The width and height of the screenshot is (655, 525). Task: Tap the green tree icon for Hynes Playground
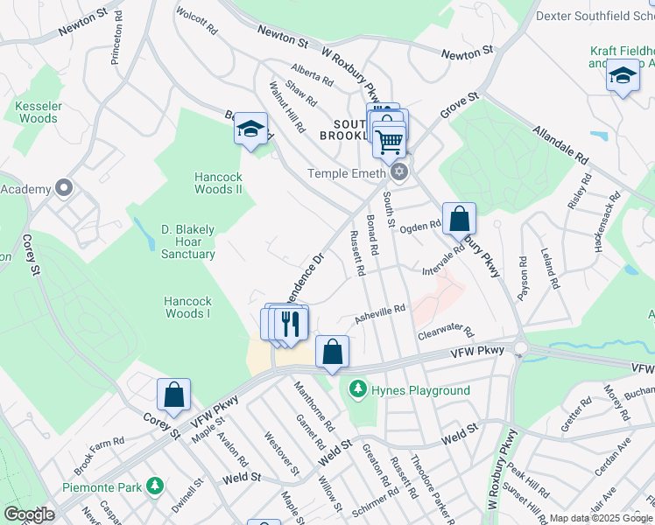click(357, 388)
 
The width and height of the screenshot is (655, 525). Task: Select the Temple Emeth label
click(346, 173)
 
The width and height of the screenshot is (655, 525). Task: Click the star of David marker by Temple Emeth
click(400, 171)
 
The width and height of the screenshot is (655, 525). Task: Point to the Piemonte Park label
click(102, 486)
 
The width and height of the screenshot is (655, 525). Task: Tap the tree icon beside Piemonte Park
click(155, 485)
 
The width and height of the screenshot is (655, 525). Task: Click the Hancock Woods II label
click(218, 183)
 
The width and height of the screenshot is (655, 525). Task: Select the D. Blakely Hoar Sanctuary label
click(187, 241)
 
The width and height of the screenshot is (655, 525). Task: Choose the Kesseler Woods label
click(38, 112)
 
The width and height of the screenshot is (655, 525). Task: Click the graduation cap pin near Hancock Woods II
click(250, 130)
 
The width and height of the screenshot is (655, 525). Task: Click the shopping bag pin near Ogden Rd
click(459, 219)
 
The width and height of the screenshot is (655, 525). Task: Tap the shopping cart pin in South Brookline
click(390, 140)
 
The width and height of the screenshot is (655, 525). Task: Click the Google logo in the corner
click(29, 514)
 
